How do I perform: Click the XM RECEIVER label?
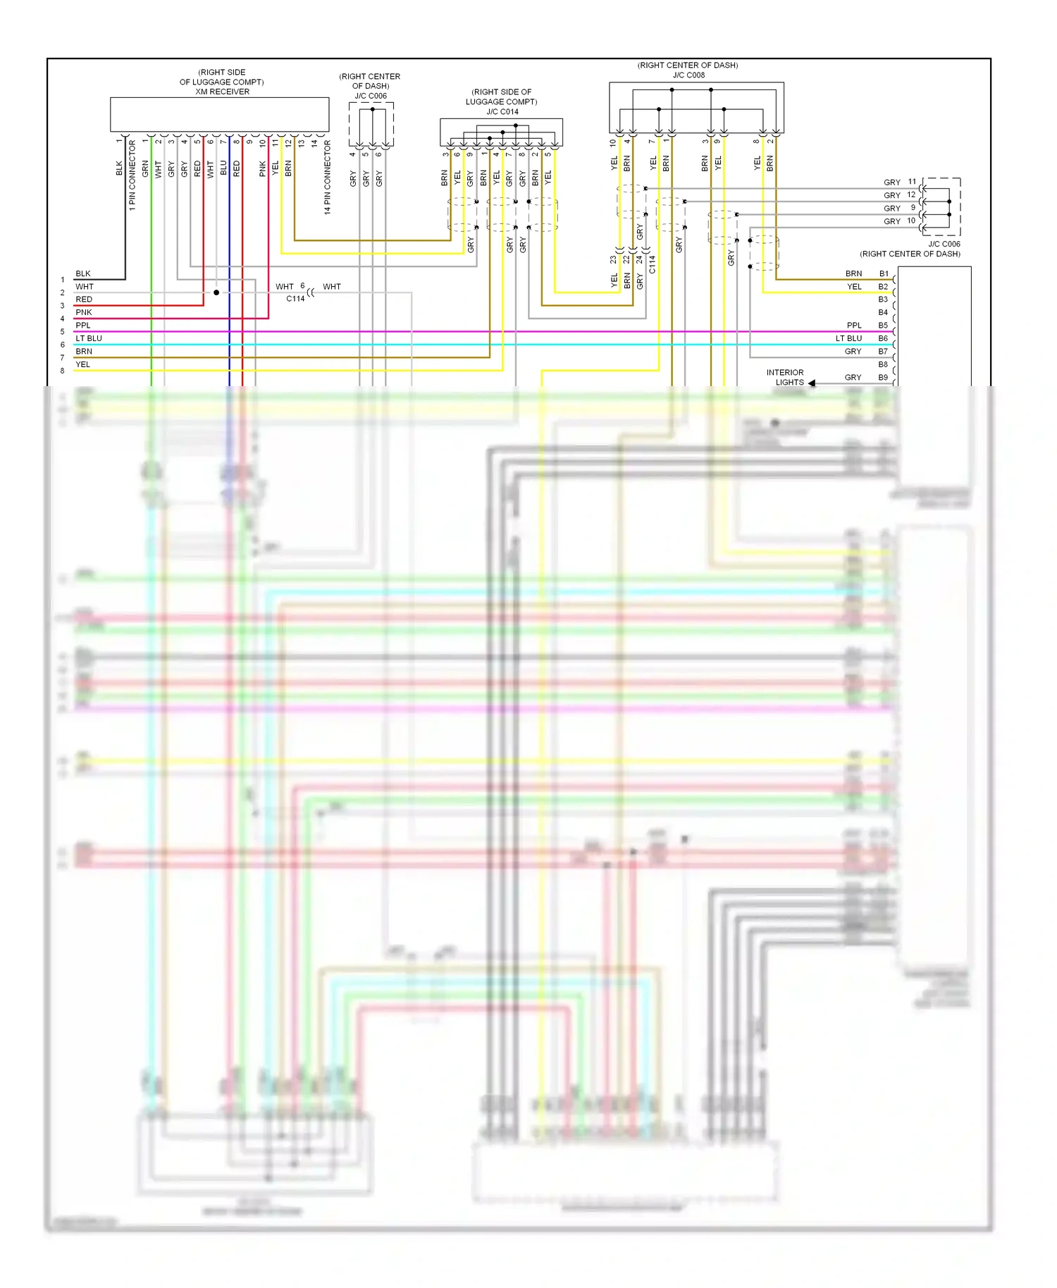[222, 92]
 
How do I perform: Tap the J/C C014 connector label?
[502, 111]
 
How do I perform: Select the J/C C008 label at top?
[688, 75]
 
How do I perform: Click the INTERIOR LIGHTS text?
[786, 378]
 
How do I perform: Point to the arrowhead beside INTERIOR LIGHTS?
[812, 383]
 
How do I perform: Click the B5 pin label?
[883, 326]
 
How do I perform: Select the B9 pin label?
[883, 378]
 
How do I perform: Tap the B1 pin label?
[883, 273]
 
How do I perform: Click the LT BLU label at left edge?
[89, 338]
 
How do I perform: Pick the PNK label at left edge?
[84, 312]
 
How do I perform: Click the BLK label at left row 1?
[83, 273]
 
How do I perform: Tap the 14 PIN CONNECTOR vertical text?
[327, 177]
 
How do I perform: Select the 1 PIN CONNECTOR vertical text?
[132, 175]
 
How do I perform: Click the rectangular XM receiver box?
[219, 114]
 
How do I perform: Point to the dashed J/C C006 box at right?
[941, 206]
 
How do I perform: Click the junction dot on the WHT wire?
[216, 292]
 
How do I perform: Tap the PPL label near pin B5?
[854, 326]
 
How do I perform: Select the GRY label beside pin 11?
[891, 182]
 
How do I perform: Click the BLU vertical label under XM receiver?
[223, 168]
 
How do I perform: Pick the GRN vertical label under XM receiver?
[145, 169]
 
